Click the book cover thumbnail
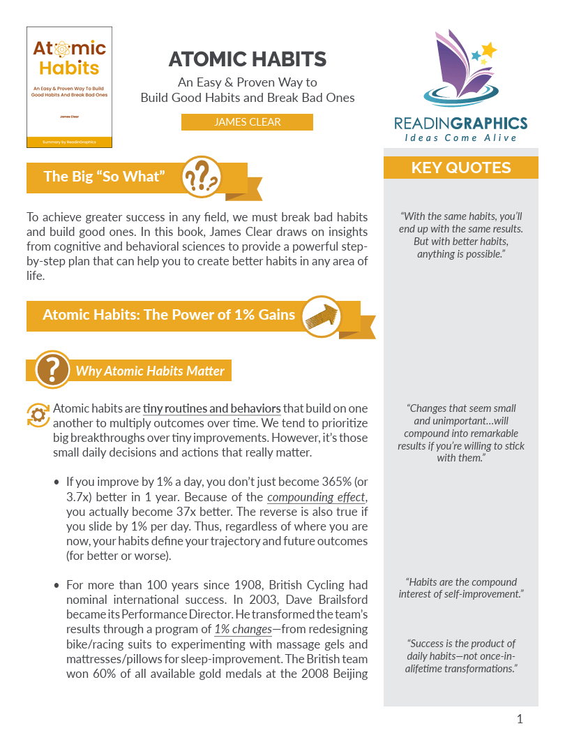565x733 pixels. point(69,87)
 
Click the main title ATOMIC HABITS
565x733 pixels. point(248,59)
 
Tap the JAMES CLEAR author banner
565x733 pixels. point(247,122)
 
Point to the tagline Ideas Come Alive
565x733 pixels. point(461,138)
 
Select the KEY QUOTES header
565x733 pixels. point(461,168)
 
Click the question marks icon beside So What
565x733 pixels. point(202,177)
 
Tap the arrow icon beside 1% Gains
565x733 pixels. point(320,316)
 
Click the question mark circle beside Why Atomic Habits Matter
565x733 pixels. point(52,370)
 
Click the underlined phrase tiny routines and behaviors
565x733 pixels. point(212,408)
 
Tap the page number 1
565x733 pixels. point(520,719)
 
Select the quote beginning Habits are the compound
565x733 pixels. point(461,588)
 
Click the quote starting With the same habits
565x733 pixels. point(461,235)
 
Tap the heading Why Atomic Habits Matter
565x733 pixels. point(150,371)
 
